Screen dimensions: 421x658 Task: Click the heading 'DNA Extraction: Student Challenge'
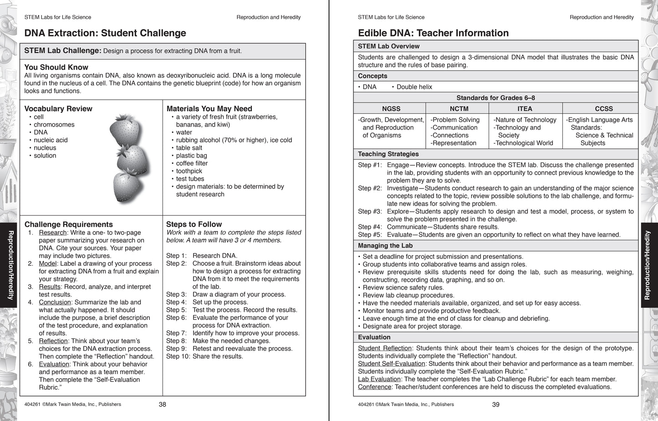(105, 33)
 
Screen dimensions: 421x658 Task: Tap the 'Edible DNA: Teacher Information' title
(433, 33)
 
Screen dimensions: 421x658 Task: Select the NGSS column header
(391, 109)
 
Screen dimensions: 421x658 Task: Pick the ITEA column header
(525, 109)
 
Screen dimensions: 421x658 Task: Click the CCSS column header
(603, 109)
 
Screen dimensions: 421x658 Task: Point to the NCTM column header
(459, 109)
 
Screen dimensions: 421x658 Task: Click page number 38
(162, 404)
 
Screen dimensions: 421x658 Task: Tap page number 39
(496, 404)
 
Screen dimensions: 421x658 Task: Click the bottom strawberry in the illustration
(127, 186)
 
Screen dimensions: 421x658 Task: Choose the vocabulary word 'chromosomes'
(54, 125)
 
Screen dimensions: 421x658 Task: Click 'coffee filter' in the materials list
(192, 163)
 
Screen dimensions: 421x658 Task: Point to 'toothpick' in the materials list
(189, 171)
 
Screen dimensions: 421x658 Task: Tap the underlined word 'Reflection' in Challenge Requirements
(53, 341)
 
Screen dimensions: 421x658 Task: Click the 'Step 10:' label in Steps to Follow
(178, 356)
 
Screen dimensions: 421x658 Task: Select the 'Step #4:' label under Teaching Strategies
(370, 227)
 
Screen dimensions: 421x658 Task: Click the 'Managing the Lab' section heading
(385, 246)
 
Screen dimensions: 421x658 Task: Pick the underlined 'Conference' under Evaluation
(374, 387)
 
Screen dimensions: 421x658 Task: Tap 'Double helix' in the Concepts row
(414, 87)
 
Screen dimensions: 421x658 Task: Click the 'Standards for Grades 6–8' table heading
(495, 98)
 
